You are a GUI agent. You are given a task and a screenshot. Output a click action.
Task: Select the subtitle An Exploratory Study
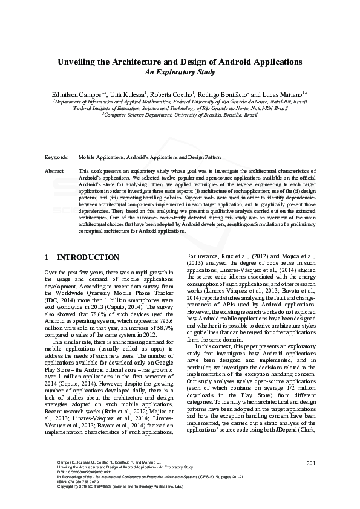coord(180,72)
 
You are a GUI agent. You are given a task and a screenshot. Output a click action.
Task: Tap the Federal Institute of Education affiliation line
coord(180,108)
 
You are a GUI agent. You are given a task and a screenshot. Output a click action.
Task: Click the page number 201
coord(312,464)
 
